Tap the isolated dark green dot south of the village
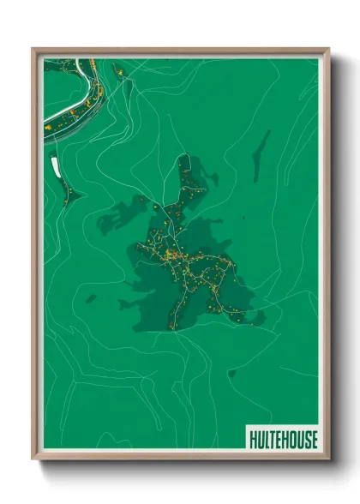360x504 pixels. click(231, 372)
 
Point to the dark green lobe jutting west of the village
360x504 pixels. click(120, 214)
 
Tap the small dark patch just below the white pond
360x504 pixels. click(69, 196)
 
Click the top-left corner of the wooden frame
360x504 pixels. click(33, 49)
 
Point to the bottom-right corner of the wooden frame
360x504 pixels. click(329, 459)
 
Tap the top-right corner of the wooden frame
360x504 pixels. click(329, 49)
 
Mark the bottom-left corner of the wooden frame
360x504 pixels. click(33, 459)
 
